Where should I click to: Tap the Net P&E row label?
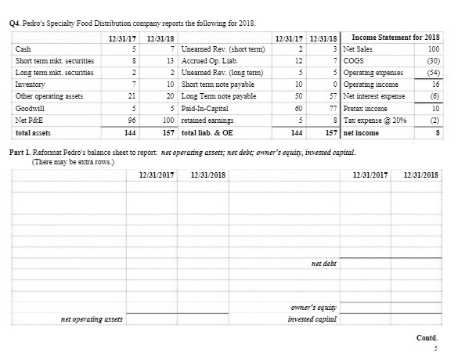coord(29,121)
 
